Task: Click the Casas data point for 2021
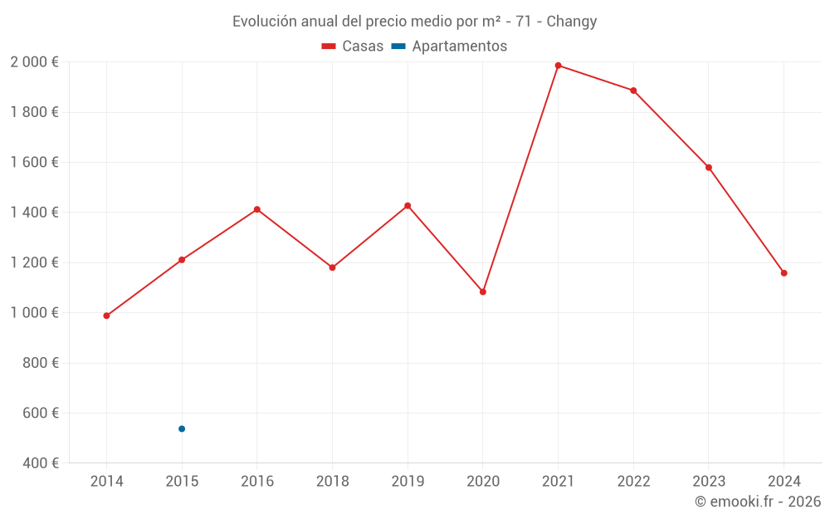tap(558, 66)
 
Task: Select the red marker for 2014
tap(106, 316)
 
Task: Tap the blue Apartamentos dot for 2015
tap(182, 428)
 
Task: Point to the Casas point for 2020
tap(483, 291)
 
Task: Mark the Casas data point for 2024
tap(784, 273)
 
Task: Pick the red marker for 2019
tap(408, 205)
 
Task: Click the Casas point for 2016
tap(257, 209)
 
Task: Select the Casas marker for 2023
tap(709, 168)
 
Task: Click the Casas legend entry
tap(353, 47)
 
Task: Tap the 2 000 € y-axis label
tap(34, 62)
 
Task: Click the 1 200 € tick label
tap(34, 262)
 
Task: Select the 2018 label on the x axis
tap(332, 482)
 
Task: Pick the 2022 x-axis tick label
tap(633, 482)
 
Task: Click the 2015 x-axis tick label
tap(182, 482)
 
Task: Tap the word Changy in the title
tap(571, 22)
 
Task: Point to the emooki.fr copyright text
tap(758, 502)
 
